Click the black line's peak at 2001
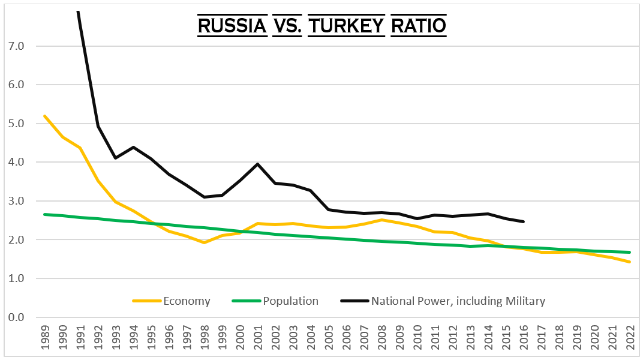pyautogui.click(x=257, y=164)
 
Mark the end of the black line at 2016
pyautogui.click(x=524, y=221)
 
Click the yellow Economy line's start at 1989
pyautogui.click(x=44, y=116)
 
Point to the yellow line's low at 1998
pyautogui.click(x=204, y=242)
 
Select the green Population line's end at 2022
pyautogui.click(x=630, y=252)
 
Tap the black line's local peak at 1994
pyautogui.click(x=133, y=147)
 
